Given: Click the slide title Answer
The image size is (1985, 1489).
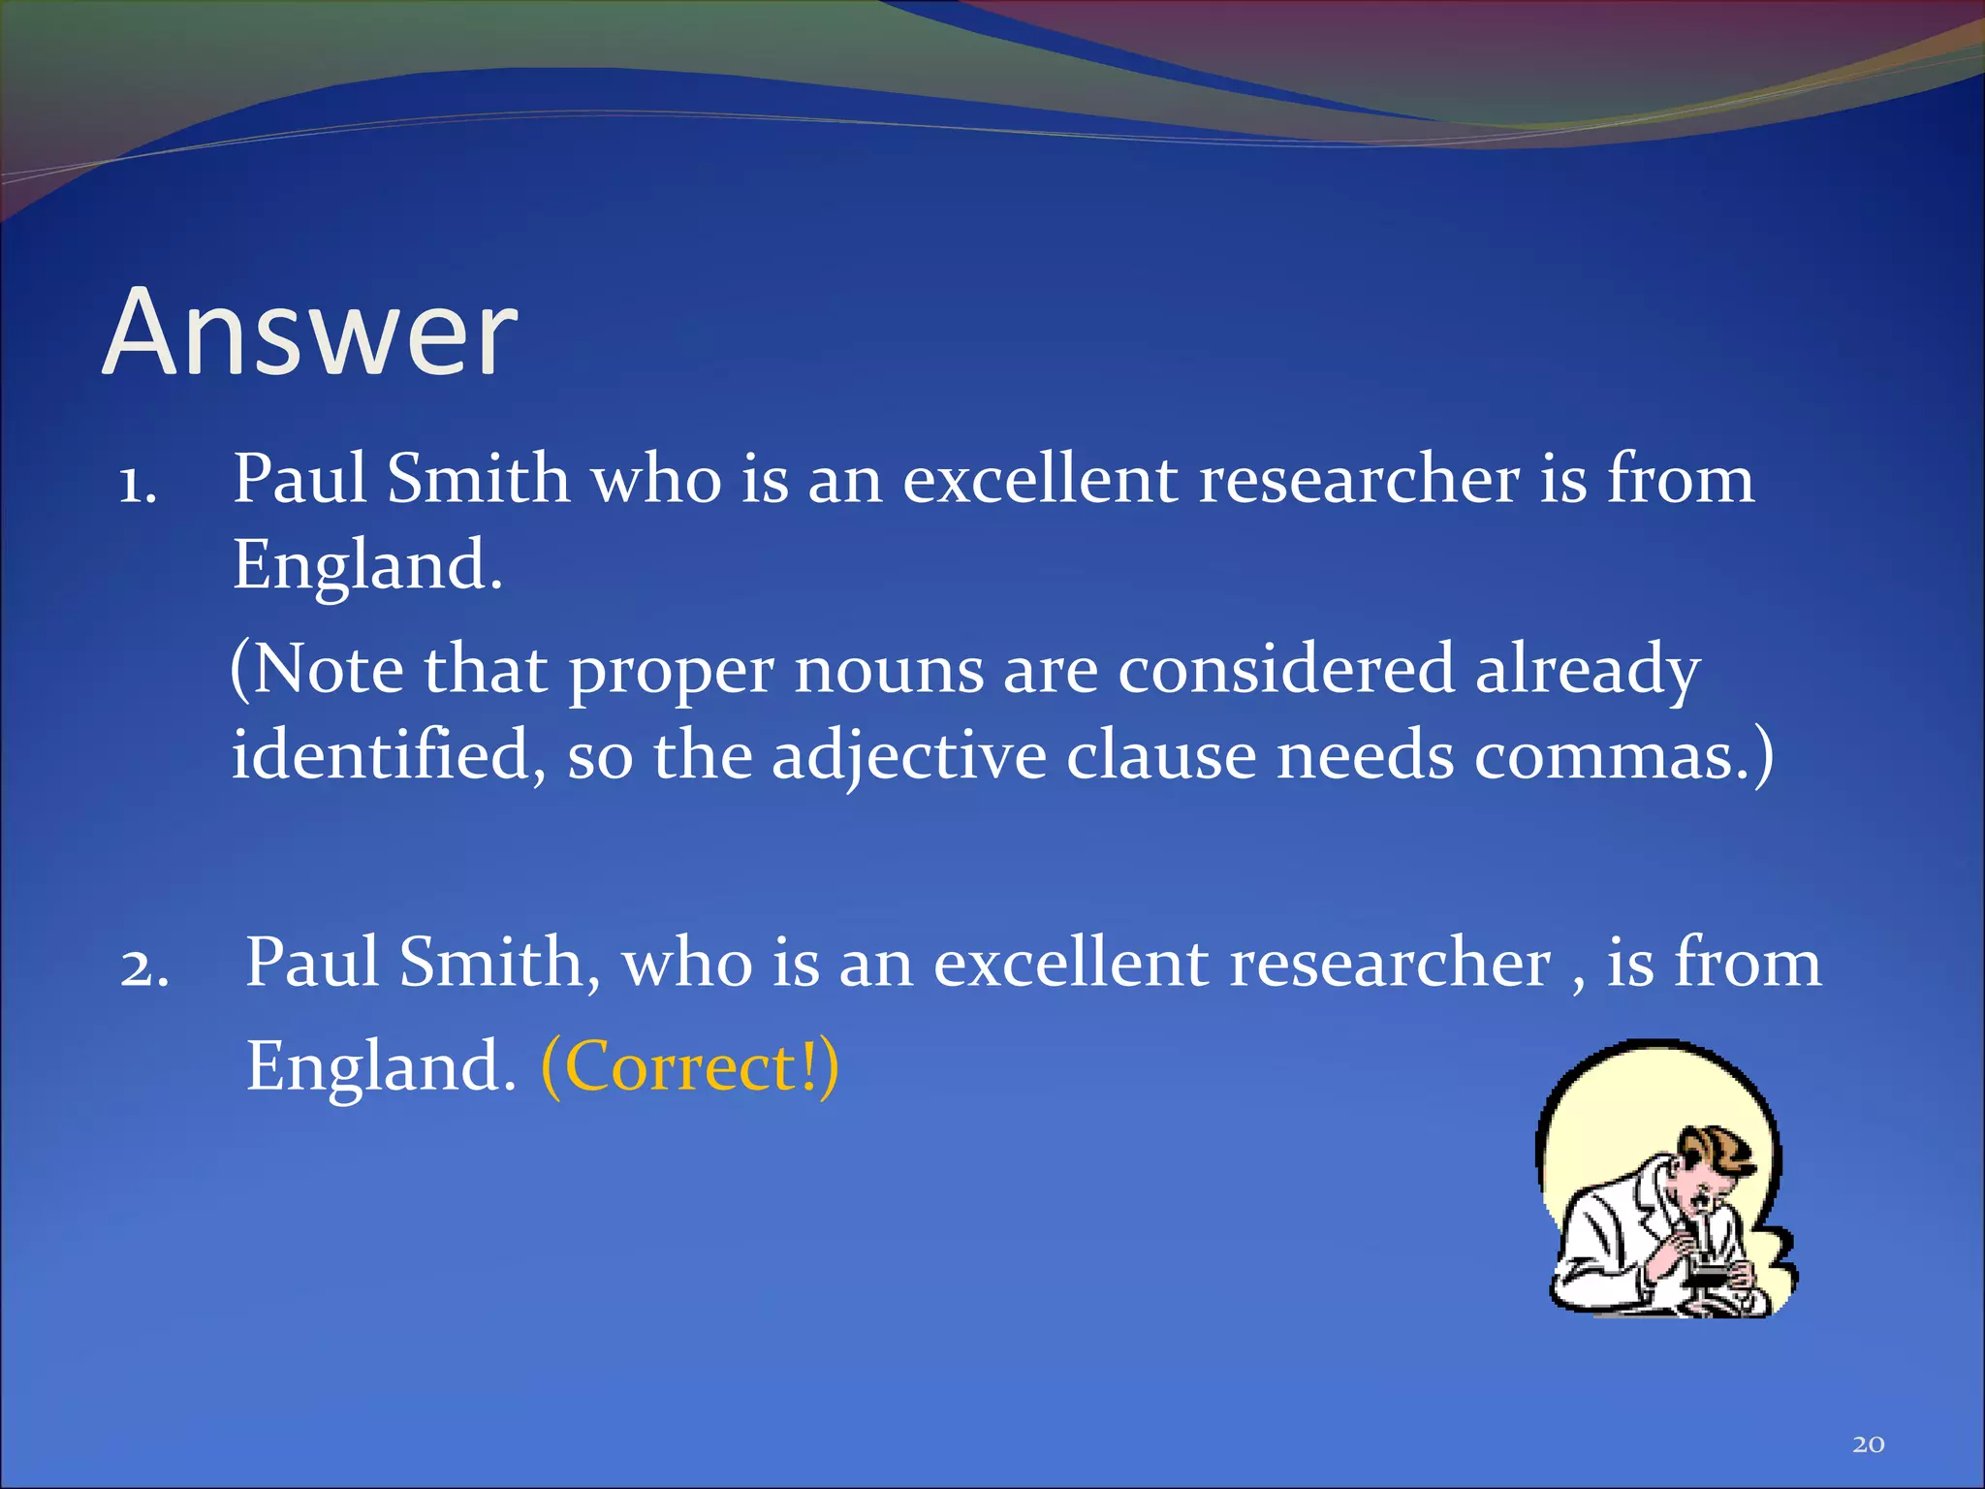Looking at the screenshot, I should [x=310, y=333].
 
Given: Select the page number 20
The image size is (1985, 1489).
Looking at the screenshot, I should [x=1868, y=1444].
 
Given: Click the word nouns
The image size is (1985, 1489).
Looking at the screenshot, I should [x=889, y=670].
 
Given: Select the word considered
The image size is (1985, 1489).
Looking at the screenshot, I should [x=1286, y=670].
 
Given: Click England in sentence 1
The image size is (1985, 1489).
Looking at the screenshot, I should [x=367, y=565].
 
